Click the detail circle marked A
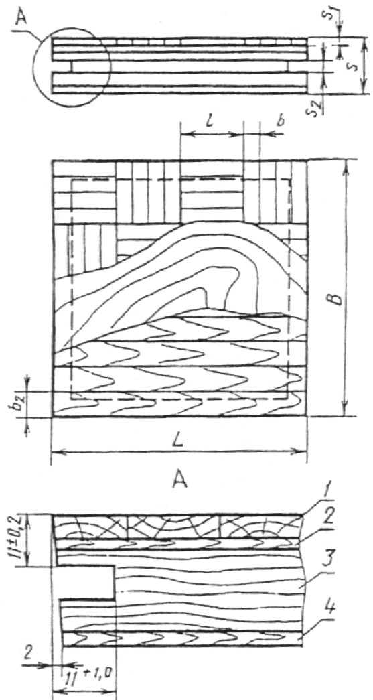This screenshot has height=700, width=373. coord(33,67)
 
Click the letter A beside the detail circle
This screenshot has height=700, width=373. coord(21,18)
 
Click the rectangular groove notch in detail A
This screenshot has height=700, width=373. coord(85,583)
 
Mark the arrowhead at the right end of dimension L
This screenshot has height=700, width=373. coord(302,452)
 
